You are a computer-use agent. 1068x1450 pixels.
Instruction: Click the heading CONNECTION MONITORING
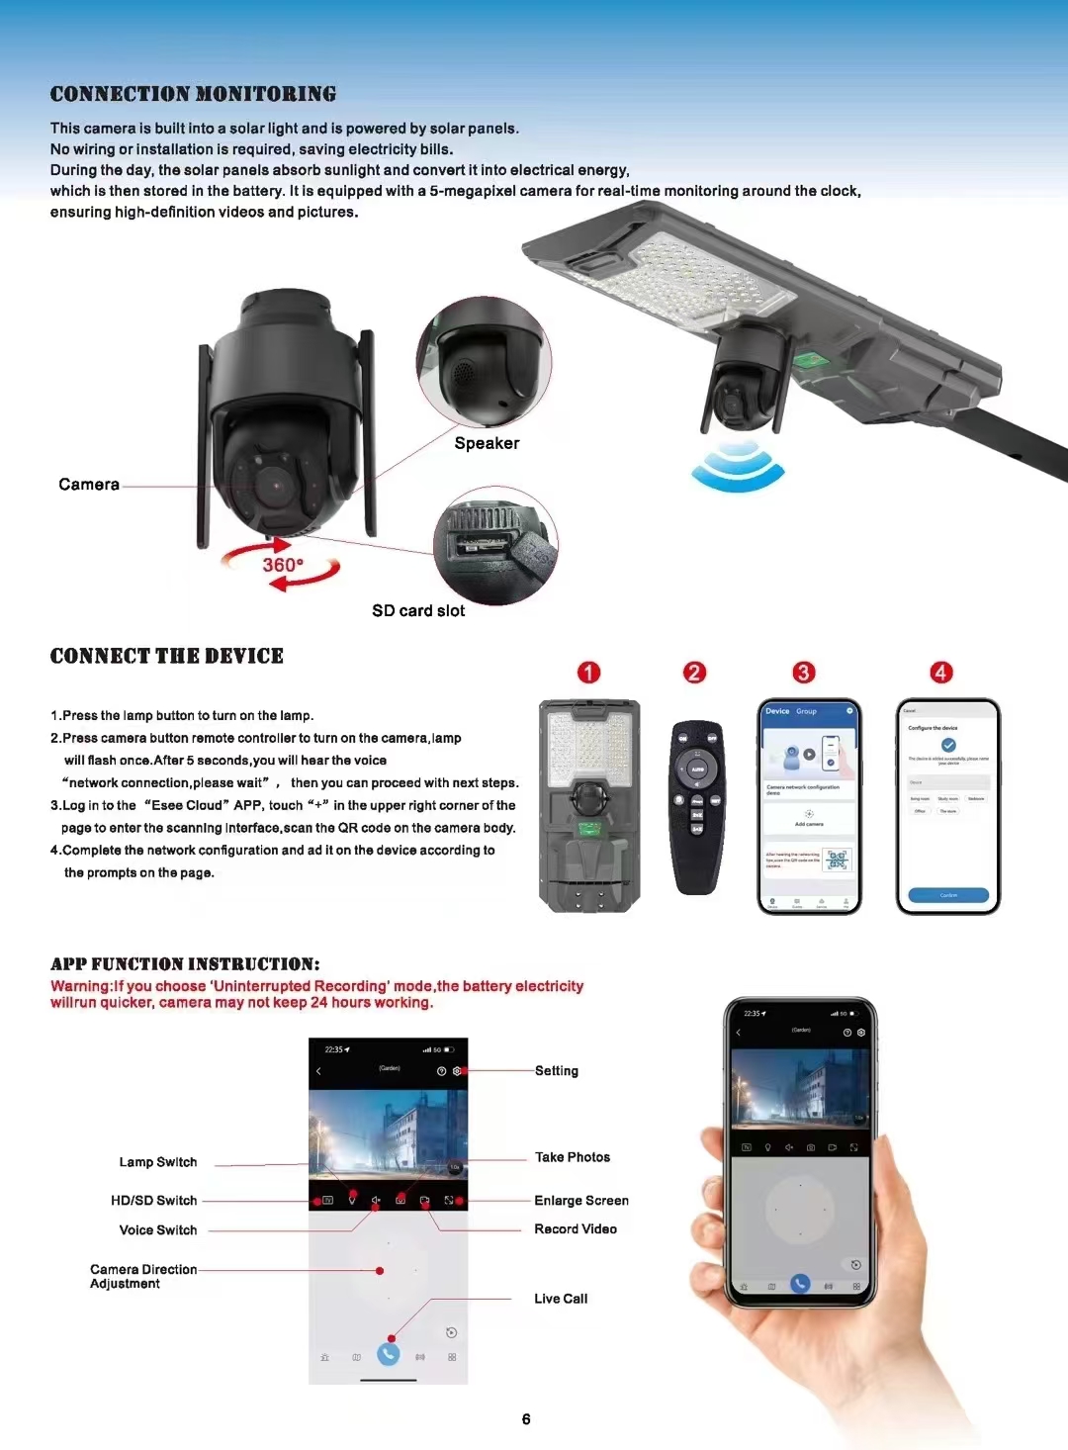coord(193,94)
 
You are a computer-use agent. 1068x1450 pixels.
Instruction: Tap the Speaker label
coord(487,443)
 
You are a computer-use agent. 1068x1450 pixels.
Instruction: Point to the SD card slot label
coord(418,611)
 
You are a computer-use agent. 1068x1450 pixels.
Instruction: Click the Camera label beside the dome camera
coord(89,485)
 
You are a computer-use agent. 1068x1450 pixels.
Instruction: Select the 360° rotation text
coord(283,565)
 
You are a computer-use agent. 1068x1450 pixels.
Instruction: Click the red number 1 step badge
coord(588,673)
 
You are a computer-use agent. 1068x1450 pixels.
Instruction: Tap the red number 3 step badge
coord(803,673)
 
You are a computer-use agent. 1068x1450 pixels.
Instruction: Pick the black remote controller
coord(697,806)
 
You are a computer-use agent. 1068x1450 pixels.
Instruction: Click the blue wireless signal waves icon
coord(737,466)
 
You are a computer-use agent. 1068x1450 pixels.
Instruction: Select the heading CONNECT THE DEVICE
coord(167,656)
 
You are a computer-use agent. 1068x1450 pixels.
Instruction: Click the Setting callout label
coord(557,1071)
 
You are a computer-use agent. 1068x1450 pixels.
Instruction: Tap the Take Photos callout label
coord(573,1157)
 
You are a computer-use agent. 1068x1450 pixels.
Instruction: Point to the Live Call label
coord(561,1299)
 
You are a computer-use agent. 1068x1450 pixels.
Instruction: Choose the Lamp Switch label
coord(158,1162)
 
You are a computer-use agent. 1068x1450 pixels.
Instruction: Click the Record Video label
coord(576,1229)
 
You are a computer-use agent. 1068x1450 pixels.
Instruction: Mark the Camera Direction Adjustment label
coord(142,1276)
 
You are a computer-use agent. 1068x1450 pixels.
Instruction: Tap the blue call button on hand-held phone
coord(800,1284)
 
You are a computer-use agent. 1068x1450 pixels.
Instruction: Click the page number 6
coord(526,1419)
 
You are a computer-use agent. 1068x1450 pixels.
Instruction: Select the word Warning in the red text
coord(80,986)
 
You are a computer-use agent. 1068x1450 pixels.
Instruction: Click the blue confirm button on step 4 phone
coord(948,895)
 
